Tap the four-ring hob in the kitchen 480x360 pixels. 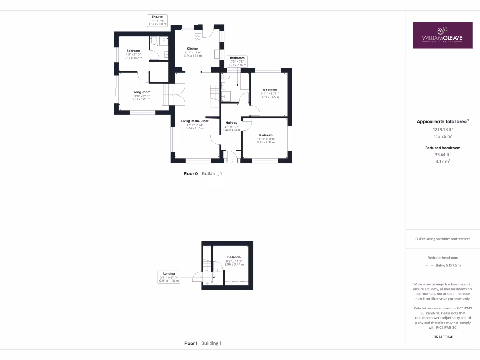(198, 37)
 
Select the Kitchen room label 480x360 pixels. (193, 52)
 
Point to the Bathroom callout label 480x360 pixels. (237, 61)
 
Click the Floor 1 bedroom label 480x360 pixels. (234, 261)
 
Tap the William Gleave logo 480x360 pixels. (442, 35)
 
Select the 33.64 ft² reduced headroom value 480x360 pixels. (442, 154)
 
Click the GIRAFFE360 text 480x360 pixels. (442, 337)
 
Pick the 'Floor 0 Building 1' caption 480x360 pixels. (202, 173)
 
